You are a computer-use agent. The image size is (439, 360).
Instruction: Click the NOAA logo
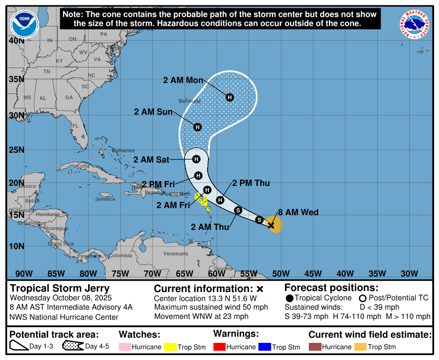coord(24,24)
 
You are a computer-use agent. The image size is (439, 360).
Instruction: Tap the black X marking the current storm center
coord(271,225)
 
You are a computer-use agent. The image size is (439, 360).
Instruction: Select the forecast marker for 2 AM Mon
coord(230,97)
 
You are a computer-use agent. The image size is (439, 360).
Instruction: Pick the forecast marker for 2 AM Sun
coord(197,127)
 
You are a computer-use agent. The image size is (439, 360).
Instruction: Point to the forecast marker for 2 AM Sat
coord(196,159)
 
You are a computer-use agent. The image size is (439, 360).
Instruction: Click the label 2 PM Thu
coord(251,183)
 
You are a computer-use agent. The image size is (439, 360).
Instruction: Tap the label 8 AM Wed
coord(298,212)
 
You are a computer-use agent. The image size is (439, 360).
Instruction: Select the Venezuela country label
coord(175,253)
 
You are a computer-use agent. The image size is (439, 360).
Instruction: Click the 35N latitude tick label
coord(16,79)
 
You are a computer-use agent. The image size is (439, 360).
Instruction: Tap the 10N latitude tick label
coord(16,246)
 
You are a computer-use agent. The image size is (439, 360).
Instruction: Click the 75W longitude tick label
coord(120,273)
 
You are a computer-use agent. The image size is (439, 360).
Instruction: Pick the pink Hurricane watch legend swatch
coord(125,347)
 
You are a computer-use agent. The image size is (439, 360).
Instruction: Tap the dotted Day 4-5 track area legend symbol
coord(72,347)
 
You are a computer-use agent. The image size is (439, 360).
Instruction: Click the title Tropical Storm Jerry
coord(60,288)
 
